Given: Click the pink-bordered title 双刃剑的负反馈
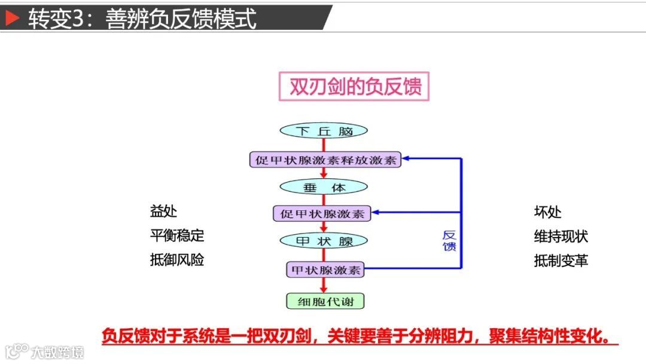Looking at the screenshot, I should point(355,86).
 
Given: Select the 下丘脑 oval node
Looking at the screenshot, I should point(324,131).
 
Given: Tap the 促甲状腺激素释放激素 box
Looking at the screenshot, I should point(325,160).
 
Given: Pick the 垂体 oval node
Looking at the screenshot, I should point(324,187).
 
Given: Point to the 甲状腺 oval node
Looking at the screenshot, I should point(324,241).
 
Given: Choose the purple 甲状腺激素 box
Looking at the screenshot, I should point(325,269).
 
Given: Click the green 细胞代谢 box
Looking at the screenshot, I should point(325,301).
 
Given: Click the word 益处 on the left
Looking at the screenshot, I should point(163,212).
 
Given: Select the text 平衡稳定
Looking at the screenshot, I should point(177,236).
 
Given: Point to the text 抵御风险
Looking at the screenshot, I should point(177,260).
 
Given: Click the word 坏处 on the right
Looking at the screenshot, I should point(547,213).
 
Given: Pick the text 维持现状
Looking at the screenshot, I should point(561,236).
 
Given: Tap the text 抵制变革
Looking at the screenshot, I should point(561,260).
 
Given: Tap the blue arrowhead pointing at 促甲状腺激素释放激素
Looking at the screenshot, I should point(407,159).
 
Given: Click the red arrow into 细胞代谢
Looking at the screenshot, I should point(324,287).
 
